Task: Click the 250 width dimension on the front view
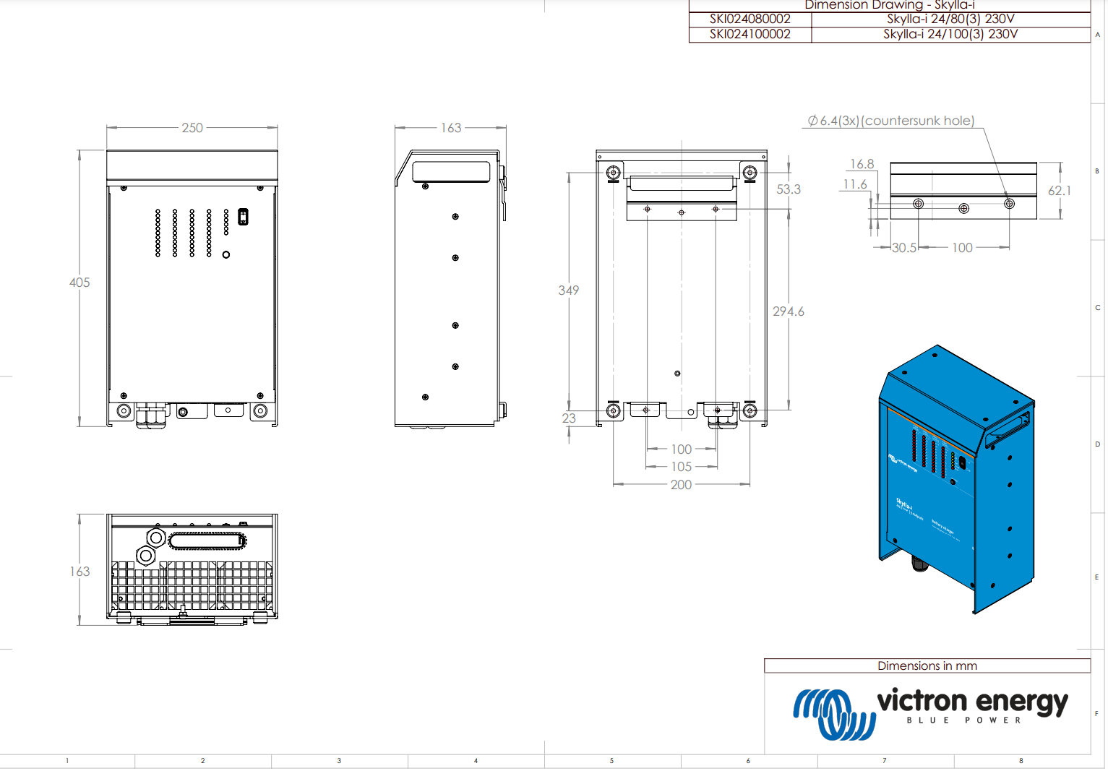coord(192,128)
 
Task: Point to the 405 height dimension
coord(80,283)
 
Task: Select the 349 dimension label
coord(569,290)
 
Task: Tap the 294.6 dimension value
coord(789,311)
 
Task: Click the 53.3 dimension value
coord(789,189)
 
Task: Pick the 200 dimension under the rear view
coord(681,485)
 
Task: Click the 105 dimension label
coord(681,467)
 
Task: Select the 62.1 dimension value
coord(1060,191)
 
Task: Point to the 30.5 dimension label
coord(903,248)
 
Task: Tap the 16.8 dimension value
coord(862,164)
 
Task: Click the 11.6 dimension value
coord(855,184)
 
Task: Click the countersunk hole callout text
coord(891,121)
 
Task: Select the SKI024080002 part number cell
coord(750,20)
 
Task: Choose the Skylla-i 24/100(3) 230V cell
coord(950,34)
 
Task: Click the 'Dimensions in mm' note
coord(927,666)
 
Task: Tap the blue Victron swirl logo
coord(833,713)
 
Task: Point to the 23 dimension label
coord(569,418)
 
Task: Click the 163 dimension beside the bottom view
coord(80,572)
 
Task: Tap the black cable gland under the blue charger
coord(919,563)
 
